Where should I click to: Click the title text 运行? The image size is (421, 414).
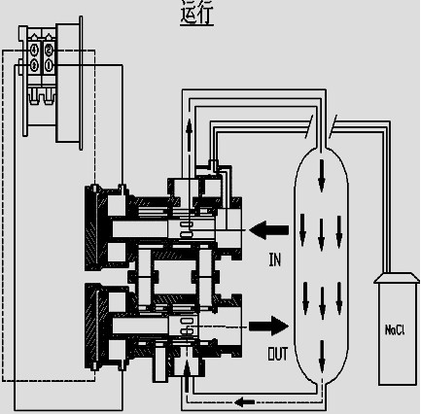point(196,13)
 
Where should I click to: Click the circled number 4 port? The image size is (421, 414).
point(34,51)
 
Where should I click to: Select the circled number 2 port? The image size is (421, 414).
point(49,51)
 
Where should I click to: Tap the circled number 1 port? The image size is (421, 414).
point(49,66)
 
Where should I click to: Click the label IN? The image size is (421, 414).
point(275,259)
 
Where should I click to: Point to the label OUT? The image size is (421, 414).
point(277,354)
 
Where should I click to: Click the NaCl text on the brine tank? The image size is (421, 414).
point(395,329)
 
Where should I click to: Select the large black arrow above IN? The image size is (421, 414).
point(268,230)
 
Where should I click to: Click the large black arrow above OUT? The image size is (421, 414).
point(268,326)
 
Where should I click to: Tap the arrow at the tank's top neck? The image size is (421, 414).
point(322,176)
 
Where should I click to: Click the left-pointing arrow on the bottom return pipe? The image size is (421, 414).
point(244,402)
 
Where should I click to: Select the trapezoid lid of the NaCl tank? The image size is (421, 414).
point(397,278)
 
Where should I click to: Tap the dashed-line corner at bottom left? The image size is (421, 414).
point(3,381)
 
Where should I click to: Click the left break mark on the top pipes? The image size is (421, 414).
point(309,126)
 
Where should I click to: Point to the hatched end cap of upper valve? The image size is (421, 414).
point(91,228)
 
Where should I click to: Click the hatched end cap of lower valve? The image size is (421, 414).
point(91,327)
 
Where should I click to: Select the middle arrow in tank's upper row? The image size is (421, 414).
point(322,234)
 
